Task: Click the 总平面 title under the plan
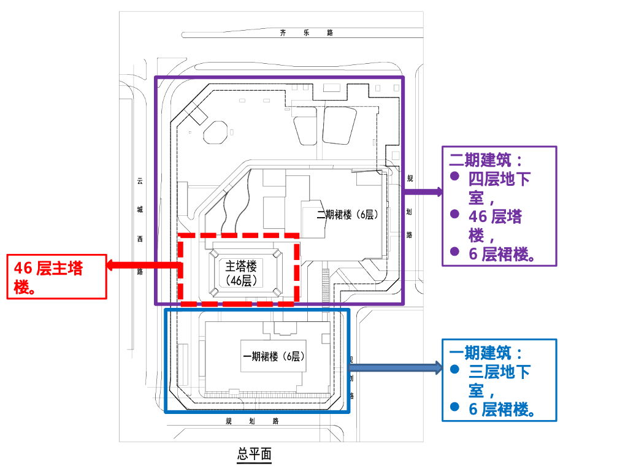pos(254,454)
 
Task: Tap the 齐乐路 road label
pos(306,33)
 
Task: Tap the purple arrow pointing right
pos(423,191)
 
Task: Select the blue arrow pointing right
pos(395,368)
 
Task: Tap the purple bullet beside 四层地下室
pos(454,176)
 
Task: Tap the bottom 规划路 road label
pos(252,421)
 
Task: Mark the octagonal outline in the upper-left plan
pos(215,132)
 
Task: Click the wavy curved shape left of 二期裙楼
pos(236,202)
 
